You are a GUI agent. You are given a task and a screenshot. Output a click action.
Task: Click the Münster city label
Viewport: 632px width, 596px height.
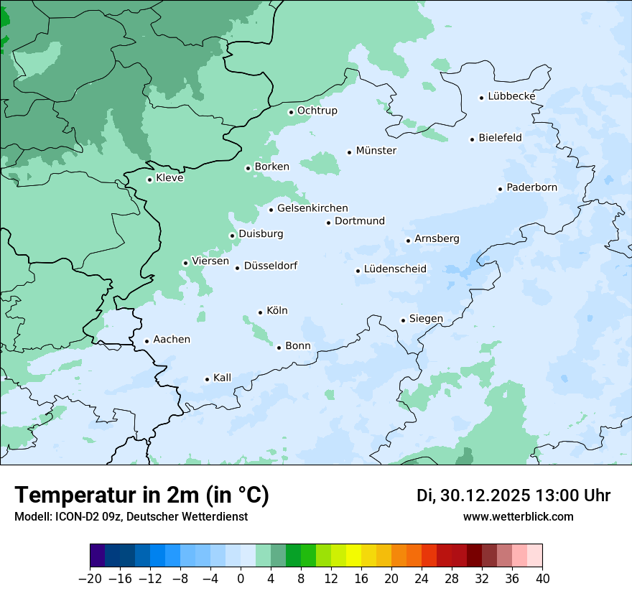[x=376, y=151]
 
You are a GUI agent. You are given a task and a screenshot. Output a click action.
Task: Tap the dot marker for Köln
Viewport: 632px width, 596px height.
[x=260, y=312]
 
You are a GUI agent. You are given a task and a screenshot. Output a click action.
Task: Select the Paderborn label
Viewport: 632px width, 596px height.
[x=531, y=188]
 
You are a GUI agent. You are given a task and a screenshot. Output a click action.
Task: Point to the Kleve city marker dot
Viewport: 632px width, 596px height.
[x=149, y=180]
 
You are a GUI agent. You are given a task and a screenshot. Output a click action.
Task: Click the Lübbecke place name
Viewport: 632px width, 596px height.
[x=511, y=96]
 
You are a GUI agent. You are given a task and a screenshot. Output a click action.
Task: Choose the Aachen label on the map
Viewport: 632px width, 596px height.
[x=172, y=340]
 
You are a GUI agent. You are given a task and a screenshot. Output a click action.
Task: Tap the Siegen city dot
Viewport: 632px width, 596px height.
[x=403, y=320]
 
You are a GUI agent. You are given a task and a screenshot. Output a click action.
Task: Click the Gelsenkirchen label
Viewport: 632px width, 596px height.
[x=312, y=208]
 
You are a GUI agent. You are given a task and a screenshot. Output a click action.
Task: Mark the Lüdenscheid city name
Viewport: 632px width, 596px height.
[x=395, y=269]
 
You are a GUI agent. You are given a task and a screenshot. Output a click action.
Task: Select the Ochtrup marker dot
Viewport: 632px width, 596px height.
[x=291, y=112]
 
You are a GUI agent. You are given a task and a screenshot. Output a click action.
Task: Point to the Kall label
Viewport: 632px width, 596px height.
[x=222, y=378]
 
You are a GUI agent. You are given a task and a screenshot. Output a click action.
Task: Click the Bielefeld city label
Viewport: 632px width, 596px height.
[x=500, y=137]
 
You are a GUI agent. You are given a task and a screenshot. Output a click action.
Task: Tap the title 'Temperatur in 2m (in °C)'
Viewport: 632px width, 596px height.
[x=141, y=495]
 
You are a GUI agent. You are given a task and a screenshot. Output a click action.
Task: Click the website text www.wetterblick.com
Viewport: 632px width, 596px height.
[x=518, y=516]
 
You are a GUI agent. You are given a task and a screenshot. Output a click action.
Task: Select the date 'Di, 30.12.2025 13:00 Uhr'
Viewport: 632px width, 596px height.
[x=513, y=495]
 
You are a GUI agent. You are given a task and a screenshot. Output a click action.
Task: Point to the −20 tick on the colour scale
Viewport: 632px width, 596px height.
[x=90, y=579]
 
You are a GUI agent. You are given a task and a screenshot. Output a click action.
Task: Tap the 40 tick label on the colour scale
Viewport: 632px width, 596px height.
[x=542, y=579]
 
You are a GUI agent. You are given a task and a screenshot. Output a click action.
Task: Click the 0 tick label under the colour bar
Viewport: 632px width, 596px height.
[x=241, y=579]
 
